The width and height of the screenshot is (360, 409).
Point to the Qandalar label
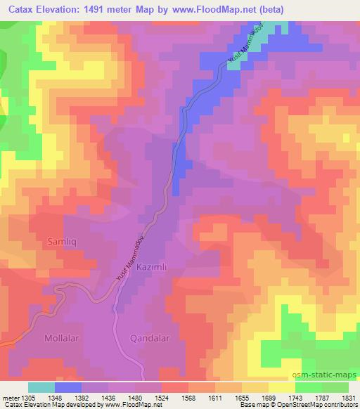(x=150, y=338)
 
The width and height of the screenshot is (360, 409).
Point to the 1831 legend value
(x=349, y=397)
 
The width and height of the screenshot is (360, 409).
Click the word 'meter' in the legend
(x=9, y=397)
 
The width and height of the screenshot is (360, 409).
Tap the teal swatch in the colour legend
(x=41, y=387)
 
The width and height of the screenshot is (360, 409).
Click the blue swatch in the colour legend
(x=67, y=387)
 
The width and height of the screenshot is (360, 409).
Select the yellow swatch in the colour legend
(x=282, y=387)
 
